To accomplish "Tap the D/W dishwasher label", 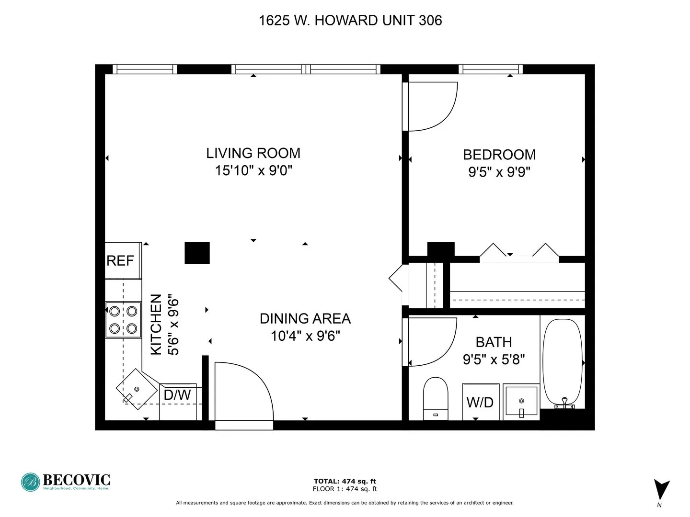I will [177, 395].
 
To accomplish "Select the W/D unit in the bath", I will [480, 402].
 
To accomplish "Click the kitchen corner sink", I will [137, 389].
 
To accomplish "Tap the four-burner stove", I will [123, 320].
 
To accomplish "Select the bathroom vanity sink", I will [521, 401].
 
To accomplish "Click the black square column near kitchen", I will [197, 253].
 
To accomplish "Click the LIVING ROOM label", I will [253, 153].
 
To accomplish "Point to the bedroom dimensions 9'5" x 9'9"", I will [499, 172].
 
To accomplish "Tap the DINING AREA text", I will [305, 319].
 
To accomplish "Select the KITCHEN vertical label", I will [156, 325].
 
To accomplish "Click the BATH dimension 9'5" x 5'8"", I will [494, 360].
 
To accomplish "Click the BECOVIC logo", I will [66, 482].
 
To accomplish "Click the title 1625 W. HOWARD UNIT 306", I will [350, 21].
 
